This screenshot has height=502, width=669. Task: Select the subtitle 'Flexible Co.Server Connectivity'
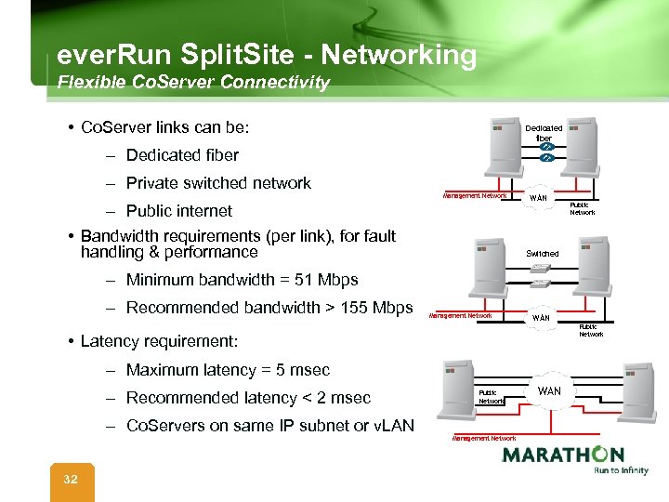coord(193,83)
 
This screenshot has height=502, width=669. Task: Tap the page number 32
coord(71,479)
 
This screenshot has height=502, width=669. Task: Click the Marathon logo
coord(562,458)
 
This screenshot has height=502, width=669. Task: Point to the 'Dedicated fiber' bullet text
coord(182,155)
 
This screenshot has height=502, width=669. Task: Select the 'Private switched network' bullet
coord(218,183)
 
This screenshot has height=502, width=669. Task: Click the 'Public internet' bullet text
coord(179,211)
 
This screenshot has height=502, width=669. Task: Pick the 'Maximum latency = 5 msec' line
coord(228,370)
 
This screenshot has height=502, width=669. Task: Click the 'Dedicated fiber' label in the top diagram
coord(544,133)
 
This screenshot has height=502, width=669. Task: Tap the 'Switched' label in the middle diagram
coord(543,253)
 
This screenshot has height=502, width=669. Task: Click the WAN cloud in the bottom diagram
coord(549,391)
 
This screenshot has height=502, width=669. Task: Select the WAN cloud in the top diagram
coord(538,198)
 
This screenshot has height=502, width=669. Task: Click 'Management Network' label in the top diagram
coord(475,196)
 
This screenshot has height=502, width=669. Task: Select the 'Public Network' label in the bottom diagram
coord(491,397)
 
